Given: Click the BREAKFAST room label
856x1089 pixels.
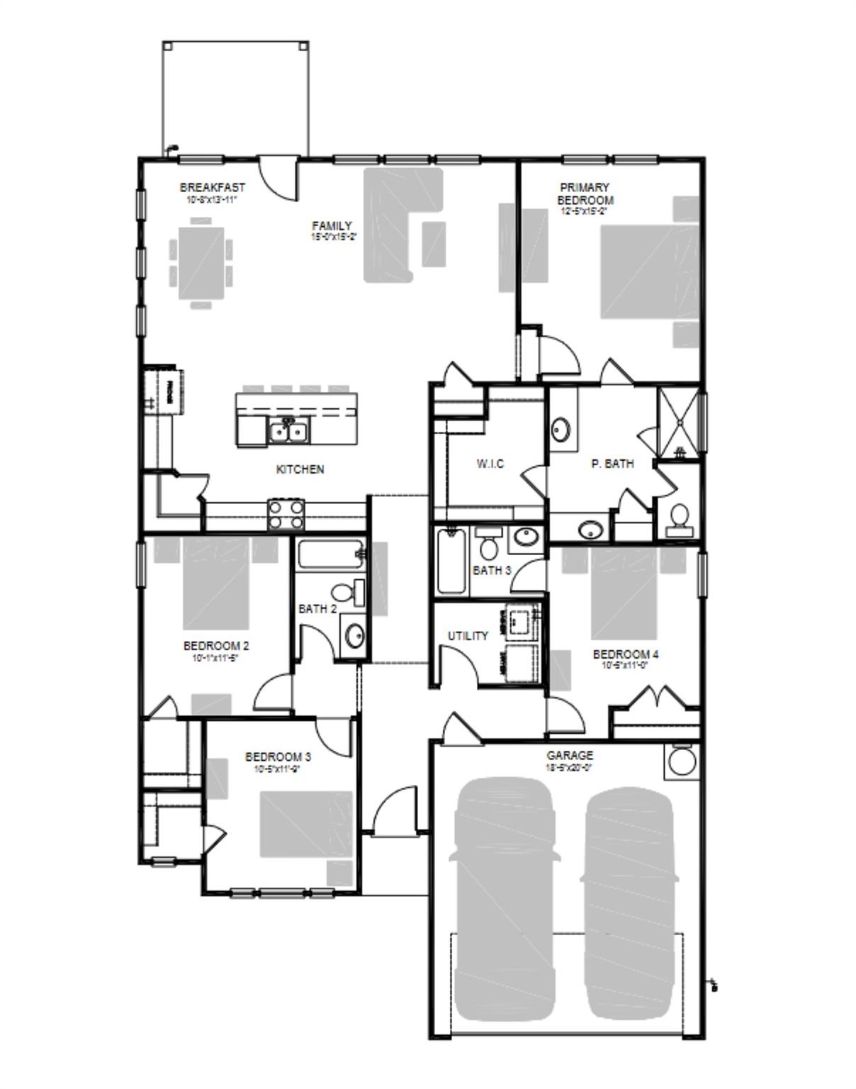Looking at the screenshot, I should click(x=212, y=187).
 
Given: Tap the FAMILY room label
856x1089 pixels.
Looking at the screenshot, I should click(x=332, y=225).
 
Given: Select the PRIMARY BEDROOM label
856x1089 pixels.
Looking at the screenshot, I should click(x=585, y=194).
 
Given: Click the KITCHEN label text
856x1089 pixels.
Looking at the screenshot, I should click(x=300, y=469).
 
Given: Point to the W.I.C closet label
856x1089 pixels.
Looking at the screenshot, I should click(x=490, y=464).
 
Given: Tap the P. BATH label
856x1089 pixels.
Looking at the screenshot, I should click(x=612, y=464).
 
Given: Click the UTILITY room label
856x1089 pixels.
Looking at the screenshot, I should click(x=468, y=636).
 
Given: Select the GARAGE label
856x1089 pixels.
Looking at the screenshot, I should click(x=569, y=756).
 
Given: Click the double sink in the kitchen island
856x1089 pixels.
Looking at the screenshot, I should click(x=288, y=430).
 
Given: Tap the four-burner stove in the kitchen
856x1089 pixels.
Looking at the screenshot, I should click(x=286, y=514).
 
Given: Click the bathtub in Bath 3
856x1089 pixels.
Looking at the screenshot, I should click(x=451, y=561).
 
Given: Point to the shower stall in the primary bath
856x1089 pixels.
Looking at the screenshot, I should click(x=679, y=421).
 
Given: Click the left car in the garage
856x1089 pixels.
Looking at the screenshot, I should click(x=504, y=900).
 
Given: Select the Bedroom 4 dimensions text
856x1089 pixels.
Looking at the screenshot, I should click(x=625, y=666).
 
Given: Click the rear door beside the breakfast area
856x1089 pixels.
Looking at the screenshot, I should click(x=278, y=177).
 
